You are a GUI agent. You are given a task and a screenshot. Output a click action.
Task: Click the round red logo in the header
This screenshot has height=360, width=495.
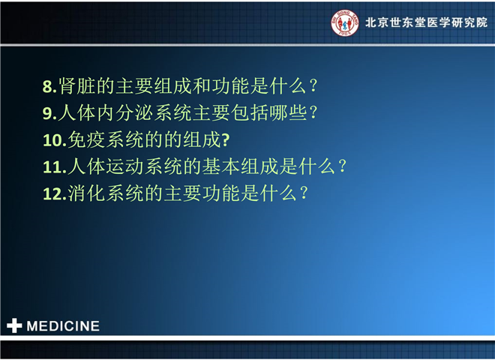[345, 22]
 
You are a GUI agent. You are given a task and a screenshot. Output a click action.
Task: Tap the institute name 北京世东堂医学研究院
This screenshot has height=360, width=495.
[426, 22]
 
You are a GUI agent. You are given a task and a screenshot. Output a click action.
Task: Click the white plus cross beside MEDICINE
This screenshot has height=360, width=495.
[14, 325]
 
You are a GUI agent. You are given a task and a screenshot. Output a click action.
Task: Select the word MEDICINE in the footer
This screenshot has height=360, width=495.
[63, 326]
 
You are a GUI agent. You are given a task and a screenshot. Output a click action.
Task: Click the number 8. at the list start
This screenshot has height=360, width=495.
[49, 86]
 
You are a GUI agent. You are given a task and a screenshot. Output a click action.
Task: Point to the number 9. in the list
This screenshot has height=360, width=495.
[49, 113]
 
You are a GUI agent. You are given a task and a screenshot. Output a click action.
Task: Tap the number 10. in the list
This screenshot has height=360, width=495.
[55, 140]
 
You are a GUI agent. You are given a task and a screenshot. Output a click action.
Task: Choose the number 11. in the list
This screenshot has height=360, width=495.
[55, 167]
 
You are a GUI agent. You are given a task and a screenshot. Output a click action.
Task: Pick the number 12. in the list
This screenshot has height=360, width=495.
[55, 194]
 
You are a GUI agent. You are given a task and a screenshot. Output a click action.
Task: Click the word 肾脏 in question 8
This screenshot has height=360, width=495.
[77, 86]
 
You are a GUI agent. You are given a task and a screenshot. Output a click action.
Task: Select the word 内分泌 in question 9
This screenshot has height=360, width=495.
[125, 112]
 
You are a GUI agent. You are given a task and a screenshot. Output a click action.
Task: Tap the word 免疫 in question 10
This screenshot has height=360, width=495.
[86, 139]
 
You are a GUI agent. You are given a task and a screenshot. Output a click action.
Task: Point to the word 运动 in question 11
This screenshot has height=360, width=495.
[125, 166]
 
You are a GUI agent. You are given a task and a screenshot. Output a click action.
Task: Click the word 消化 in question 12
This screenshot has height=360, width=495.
[86, 193]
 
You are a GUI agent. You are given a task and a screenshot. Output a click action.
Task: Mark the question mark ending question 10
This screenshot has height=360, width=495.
[226, 140]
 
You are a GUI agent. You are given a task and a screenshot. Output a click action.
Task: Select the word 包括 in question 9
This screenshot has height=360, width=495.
[250, 112]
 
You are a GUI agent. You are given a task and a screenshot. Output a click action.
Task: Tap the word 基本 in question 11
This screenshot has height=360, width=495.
[221, 166]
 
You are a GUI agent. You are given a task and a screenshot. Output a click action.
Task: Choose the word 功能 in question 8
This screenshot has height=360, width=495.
[231, 86]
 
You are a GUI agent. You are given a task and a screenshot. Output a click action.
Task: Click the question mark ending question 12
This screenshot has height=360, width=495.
[304, 193]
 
